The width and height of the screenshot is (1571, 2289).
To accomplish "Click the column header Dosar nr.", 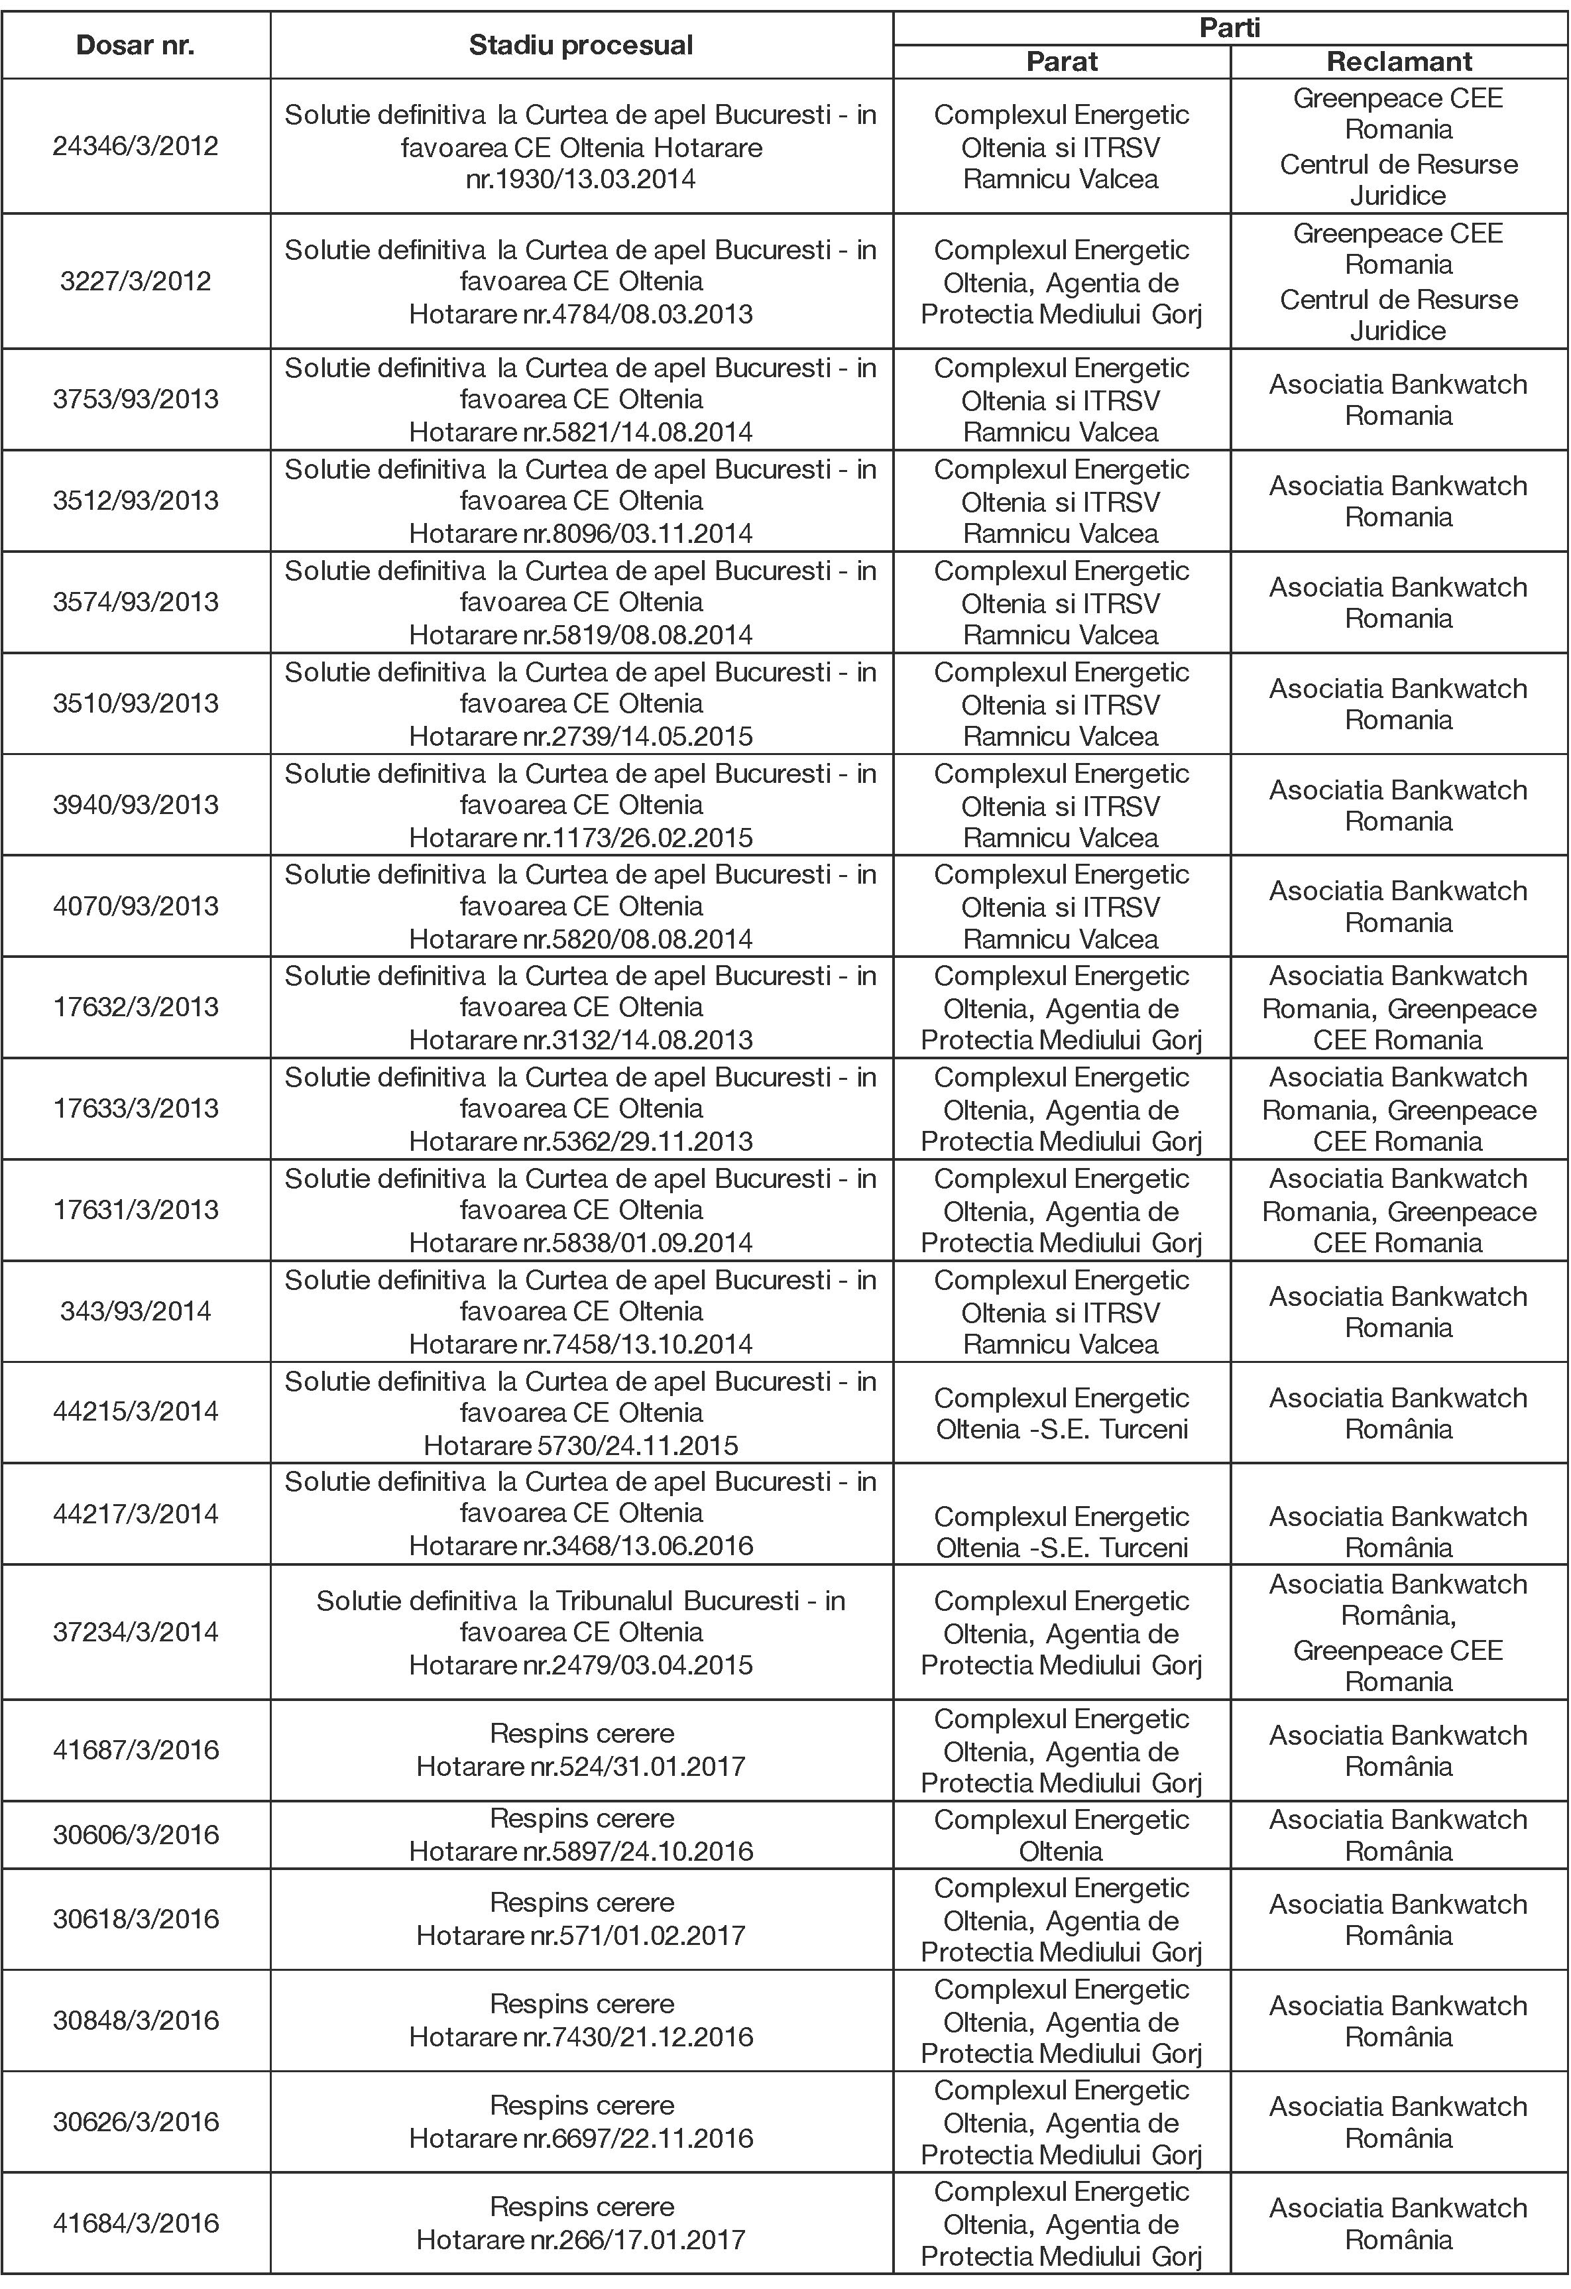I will pos(135,45).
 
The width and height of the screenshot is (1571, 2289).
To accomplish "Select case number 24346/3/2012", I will pos(135,146).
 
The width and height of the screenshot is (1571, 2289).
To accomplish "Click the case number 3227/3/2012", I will pos(135,282).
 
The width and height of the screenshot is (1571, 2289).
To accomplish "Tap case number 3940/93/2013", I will pos(135,805).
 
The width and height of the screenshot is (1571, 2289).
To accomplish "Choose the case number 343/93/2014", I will pos(135,1311).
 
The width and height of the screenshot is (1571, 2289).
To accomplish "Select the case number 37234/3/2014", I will pos(135,1632).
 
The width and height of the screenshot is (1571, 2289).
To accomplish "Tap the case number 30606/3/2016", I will pos(135,1834).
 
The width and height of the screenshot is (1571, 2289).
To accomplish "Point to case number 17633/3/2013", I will pos(135,1108).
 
